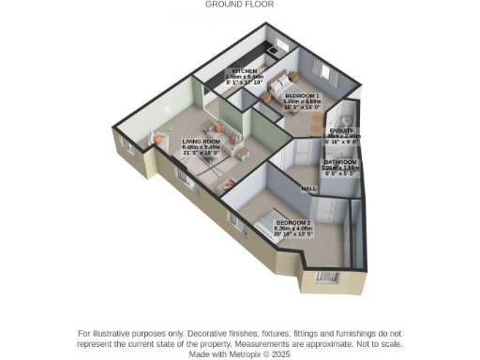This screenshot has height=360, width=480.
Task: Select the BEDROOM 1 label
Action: (x=301, y=97)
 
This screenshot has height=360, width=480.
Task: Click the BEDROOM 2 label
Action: (x=293, y=222)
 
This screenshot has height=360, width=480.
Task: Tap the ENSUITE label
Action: (x=341, y=130)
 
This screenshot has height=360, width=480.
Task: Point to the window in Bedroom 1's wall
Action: (x=325, y=72)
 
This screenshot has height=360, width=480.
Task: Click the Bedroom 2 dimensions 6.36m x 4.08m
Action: (x=293, y=228)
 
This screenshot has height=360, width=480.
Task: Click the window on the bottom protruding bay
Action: (x=327, y=277)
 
